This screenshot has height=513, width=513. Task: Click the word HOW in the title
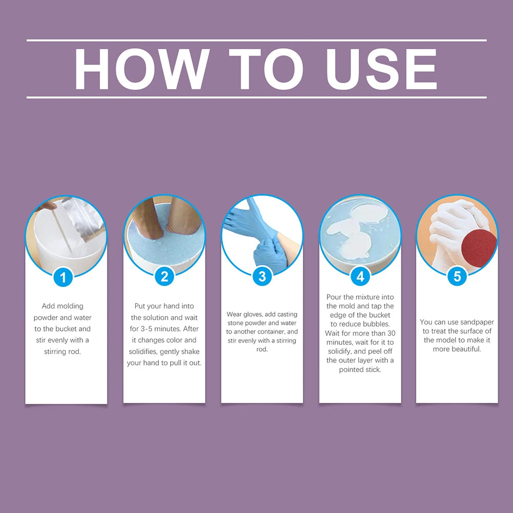(x=141, y=69)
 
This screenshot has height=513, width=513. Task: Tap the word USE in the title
(x=381, y=69)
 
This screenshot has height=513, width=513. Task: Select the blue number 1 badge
(x=63, y=277)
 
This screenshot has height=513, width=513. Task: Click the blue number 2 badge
(x=164, y=276)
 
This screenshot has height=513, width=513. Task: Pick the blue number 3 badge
(x=262, y=276)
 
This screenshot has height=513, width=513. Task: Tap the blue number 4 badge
(x=360, y=276)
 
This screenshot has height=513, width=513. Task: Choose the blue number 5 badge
(x=457, y=276)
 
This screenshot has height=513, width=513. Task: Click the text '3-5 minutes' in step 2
(x=160, y=329)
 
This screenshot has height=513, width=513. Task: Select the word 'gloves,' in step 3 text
(x=254, y=314)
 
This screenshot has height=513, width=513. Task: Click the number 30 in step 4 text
(x=392, y=334)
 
